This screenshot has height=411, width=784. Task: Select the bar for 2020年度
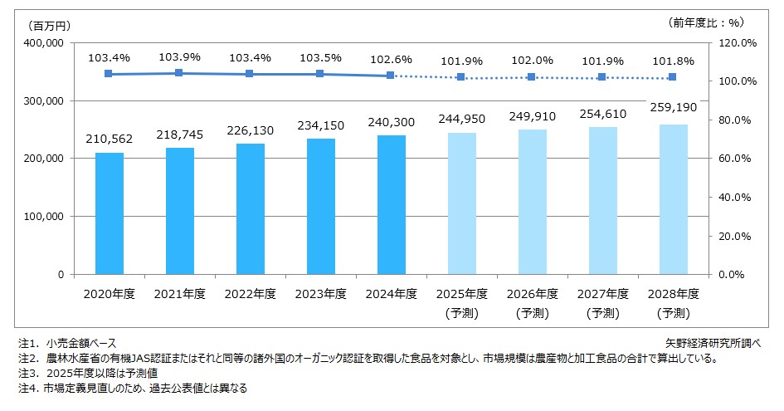pyautogui.click(x=109, y=213)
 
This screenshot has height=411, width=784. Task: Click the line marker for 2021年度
pyautogui.click(x=179, y=73)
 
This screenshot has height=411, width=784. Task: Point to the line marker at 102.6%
pyautogui.click(x=391, y=76)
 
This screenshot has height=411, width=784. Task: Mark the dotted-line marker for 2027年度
pyautogui.click(x=602, y=77)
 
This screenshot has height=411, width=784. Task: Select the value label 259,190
pyautogui.click(x=673, y=108)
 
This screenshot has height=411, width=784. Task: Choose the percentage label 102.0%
pyautogui.click(x=532, y=60)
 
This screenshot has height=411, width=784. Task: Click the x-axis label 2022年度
pyautogui.click(x=250, y=293)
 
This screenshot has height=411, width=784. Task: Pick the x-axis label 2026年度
pyautogui.click(x=532, y=293)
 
